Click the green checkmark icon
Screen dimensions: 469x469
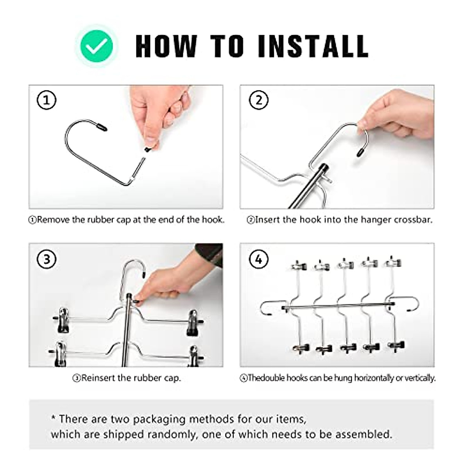point(97,46)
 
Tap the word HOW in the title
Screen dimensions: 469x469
point(166,46)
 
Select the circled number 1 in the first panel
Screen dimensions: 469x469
point(47,100)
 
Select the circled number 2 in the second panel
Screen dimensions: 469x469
point(258,100)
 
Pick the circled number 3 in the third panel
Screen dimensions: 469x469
point(47,259)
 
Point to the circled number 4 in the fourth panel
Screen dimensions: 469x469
point(258,259)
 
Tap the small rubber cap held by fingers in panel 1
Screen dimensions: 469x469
point(147,149)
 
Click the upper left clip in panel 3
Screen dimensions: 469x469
point(62,320)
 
